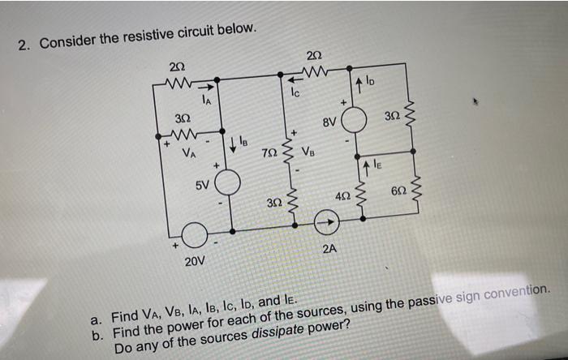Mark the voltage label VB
click(x=309, y=150)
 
